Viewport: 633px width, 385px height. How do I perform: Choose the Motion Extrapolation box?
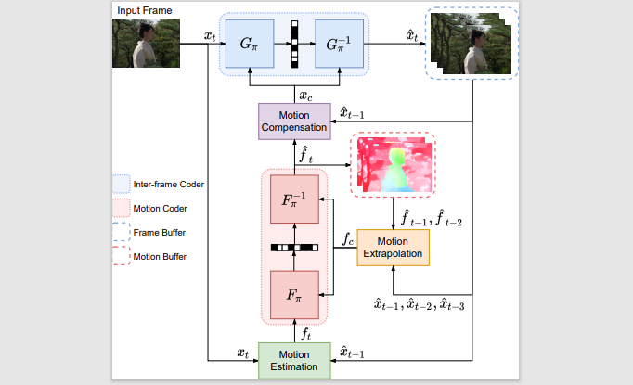(394, 247)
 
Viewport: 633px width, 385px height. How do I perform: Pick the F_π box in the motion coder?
(294, 296)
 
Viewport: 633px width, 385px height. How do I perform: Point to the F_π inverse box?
(294, 199)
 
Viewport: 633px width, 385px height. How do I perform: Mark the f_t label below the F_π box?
(306, 333)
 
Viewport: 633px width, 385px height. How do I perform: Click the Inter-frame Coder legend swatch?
(121, 184)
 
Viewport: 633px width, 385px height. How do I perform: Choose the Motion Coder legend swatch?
(121, 208)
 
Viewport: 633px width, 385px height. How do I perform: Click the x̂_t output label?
(391, 35)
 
